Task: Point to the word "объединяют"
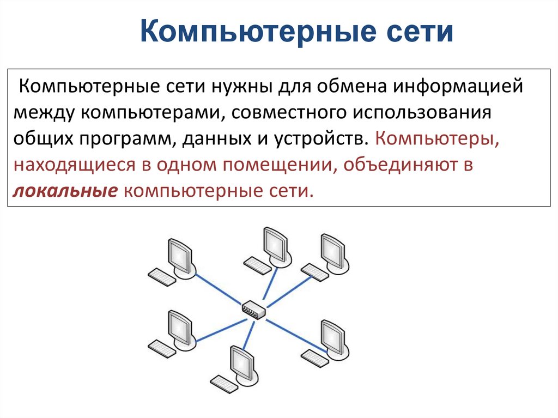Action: point(399,165)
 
